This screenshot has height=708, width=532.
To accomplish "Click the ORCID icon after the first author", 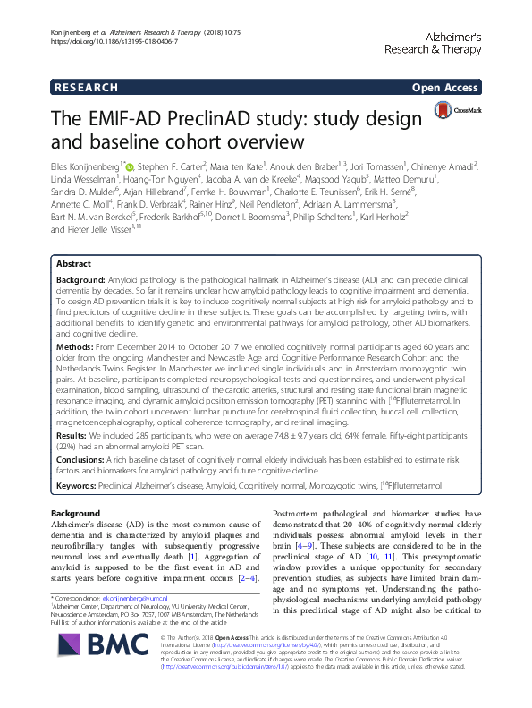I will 131,166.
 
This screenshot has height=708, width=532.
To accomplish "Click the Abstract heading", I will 74,264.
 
